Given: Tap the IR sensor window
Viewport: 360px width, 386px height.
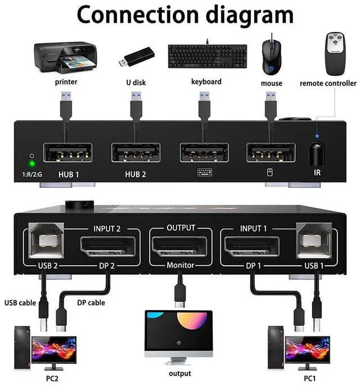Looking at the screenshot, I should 317,152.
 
